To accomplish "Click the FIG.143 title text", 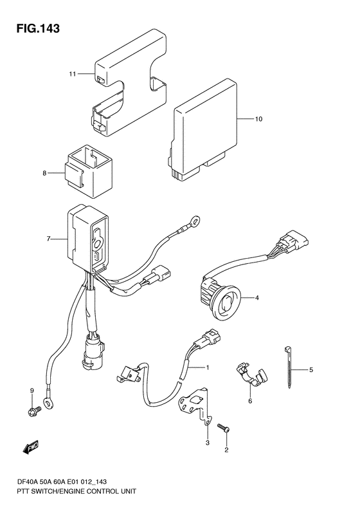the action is click(x=39, y=28).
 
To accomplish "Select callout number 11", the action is click(x=72, y=74).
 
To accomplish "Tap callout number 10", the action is click(x=258, y=119).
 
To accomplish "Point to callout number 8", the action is click(x=45, y=173).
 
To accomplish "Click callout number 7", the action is click(x=48, y=239).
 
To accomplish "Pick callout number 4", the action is click(x=256, y=297).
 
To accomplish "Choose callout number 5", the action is click(x=310, y=369).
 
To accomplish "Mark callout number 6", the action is click(x=250, y=402).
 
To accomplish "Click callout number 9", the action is click(x=32, y=390).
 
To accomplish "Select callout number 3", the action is click(x=208, y=443).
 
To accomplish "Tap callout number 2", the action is click(x=226, y=450).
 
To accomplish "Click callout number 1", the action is click(x=207, y=367).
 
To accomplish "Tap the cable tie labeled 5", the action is click(x=287, y=367).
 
